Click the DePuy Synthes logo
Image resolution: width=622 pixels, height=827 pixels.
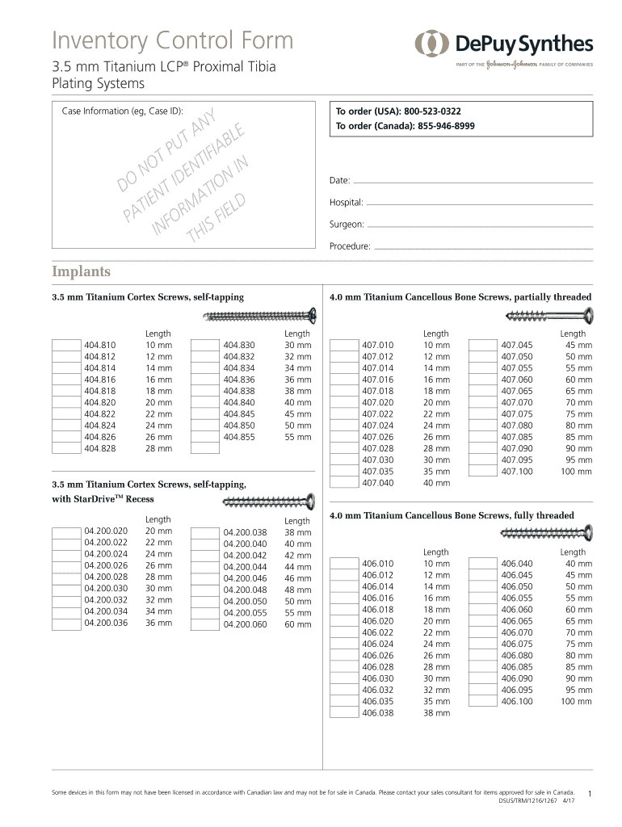[x=504, y=44]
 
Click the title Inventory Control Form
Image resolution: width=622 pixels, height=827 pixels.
[x=173, y=40]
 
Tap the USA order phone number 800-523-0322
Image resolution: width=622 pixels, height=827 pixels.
[x=433, y=111]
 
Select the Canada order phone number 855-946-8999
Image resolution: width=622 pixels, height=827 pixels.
[x=445, y=126]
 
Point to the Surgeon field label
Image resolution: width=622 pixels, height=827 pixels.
[x=347, y=224]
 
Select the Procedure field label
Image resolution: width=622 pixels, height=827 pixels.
[x=350, y=246]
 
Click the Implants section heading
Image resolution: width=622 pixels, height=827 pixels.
[x=82, y=271]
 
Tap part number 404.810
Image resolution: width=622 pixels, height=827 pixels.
[x=99, y=345]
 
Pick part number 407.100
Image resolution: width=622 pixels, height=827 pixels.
[x=516, y=472]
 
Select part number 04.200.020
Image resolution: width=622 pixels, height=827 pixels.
[x=105, y=531]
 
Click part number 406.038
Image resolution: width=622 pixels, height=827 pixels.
[x=377, y=713]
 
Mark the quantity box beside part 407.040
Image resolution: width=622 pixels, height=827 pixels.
[x=343, y=483]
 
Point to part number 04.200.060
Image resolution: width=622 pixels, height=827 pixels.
[x=245, y=624]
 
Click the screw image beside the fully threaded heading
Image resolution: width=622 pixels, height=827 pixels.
[x=547, y=531]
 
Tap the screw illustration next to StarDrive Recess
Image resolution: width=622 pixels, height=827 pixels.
[x=267, y=503]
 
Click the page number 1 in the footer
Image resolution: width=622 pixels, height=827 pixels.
[x=591, y=795]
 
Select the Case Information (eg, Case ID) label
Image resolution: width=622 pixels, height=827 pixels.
[x=122, y=111]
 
